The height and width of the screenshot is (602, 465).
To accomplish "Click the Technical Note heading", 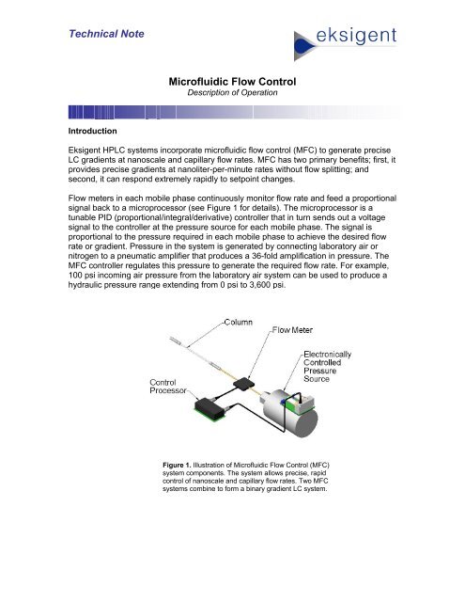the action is pyautogui.click(x=106, y=34).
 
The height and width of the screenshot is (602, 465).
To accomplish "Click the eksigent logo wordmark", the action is pyautogui.click(x=356, y=36).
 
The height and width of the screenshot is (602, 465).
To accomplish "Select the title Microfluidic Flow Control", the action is pyautogui.click(x=232, y=82).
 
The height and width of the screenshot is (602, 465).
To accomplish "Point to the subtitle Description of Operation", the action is pyautogui.click(x=232, y=92).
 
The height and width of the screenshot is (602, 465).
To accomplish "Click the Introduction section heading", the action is pyautogui.click(x=92, y=131).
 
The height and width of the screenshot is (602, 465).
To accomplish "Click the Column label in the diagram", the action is pyautogui.click(x=238, y=322).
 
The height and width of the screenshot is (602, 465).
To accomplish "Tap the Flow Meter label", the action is pyautogui.click(x=292, y=330).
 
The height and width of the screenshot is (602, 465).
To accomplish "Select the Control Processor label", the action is pyautogui.click(x=167, y=387).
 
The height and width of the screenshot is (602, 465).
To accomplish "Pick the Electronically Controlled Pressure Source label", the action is pyautogui.click(x=327, y=366).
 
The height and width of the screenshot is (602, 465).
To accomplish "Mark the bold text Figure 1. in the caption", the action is pyautogui.click(x=177, y=466).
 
